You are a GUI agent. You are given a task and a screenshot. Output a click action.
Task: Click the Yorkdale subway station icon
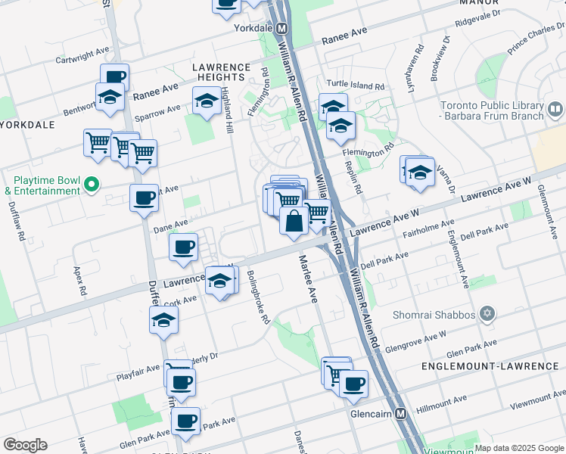281,29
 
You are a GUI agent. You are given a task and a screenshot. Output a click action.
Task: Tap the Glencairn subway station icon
401,415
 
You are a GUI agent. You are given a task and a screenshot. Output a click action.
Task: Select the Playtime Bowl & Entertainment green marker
92,184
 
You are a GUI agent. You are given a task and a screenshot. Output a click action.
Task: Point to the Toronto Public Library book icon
555,111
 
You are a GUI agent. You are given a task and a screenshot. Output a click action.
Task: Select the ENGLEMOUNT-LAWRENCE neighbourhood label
490,366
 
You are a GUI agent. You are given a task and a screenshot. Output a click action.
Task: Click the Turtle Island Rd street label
356,85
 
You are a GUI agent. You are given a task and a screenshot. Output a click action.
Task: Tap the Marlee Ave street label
307,279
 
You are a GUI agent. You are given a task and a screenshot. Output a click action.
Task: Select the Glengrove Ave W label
415,337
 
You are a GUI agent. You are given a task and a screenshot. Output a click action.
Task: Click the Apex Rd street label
78,280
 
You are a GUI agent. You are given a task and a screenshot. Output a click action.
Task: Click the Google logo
25,445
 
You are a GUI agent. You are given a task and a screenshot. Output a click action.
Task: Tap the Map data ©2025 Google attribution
519,448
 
